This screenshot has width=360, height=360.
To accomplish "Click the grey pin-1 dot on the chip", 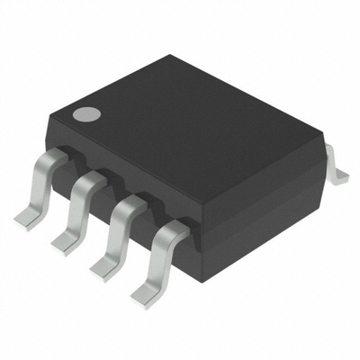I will point(87,115).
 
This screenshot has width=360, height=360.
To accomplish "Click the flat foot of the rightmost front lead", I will point(144,293).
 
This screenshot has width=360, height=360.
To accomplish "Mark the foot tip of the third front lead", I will point(103,265).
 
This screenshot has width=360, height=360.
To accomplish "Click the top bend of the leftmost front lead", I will point(54,160).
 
